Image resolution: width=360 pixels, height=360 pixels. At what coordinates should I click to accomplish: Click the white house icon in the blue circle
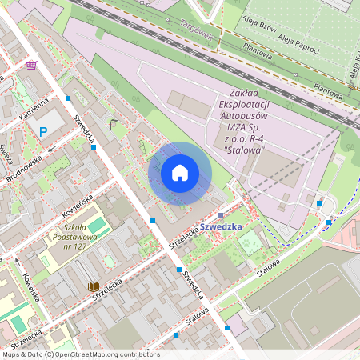pyautogui.click(x=180, y=173)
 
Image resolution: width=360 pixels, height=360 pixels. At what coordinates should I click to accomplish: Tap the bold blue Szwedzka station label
pyautogui.click(x=221, y=226)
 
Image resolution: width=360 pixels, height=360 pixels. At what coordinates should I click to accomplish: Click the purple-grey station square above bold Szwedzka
pyautogui.click(x=221, y=214)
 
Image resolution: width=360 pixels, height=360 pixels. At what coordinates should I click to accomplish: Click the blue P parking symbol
pyautogui.click(x=44, y=132)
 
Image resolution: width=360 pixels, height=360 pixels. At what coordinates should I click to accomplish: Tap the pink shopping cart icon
pyautogui.click(x=31, y=65)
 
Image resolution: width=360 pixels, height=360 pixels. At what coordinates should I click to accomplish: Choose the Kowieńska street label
pyautogui.click(x=78, y=206)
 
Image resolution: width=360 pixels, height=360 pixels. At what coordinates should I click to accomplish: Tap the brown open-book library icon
pyautogui.click(x=93, y=286)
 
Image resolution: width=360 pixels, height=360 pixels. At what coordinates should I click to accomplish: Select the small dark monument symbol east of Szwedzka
pyautogui.click(x=113, y=124)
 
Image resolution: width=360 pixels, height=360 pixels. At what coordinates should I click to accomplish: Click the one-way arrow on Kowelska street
pyautogui.click(x=14, y=259)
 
